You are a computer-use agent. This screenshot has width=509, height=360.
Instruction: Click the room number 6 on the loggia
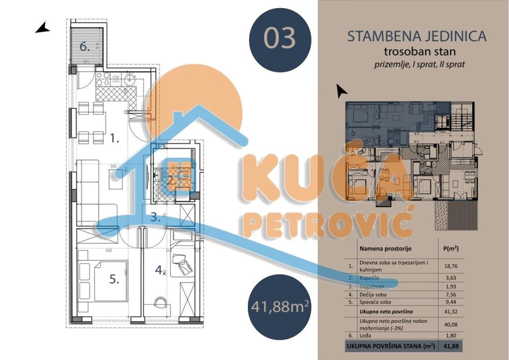pyautogui.click(x=85, y=46)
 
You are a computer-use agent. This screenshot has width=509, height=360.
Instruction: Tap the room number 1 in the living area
pyautogui.click(x=115, y=137)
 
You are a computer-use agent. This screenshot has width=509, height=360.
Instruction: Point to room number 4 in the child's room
pyautogui.click(x=160, y=270)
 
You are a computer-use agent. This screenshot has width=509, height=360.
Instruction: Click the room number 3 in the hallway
pyautogui.click(x=156, y=217)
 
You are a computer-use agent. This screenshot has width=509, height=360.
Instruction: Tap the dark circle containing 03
pyautogui.click(x=280, y=39)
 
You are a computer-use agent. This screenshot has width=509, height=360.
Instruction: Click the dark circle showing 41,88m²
pyautogui.click(x=280, y=307)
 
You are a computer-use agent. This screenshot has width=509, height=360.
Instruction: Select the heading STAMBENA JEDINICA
pyautogui.click(x=416, y=37)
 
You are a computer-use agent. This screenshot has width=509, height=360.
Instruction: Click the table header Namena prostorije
pyautogui.click(x=385, y=249)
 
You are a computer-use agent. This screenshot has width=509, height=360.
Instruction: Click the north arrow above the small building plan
pyautogui.click(x=342, y=91)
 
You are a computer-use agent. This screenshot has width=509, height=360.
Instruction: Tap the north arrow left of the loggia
pyautogui.click(x=42, y=28)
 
